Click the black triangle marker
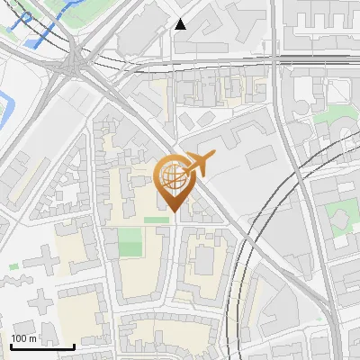181,24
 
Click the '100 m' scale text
23,338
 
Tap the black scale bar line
42,346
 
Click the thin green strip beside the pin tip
156,220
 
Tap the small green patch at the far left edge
13,266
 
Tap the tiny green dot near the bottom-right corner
319,319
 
